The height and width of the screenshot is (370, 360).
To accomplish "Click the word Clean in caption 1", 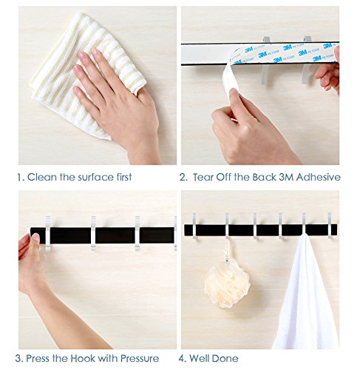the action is pyautogui.click(x=42, y=177).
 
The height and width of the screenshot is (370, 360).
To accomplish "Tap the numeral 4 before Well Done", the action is pyautogui.click(x=181, y=358).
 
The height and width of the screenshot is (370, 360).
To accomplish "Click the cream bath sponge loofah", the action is pyautogui.click(x=227, y=283).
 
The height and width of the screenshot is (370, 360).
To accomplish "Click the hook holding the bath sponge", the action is pyautogui.click(x=227, y=226).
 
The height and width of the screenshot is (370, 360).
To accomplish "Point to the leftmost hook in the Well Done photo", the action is pyautogui.click(x=194, y=226).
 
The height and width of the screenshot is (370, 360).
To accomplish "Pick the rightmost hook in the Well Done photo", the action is pyautogui.click(x=330, y=226).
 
